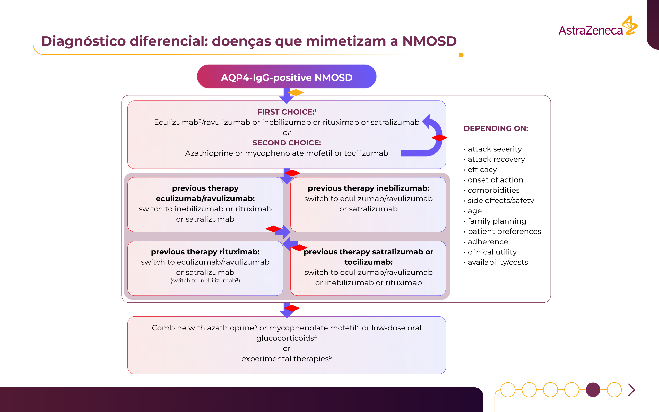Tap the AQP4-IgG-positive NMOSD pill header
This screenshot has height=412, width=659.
[287, 77]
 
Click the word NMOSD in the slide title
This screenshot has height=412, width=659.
[429, 41]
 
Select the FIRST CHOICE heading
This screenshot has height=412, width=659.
[286, 112]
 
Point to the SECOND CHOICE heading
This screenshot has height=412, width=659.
[287, 143]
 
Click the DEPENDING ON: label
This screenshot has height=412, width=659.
[496, 128]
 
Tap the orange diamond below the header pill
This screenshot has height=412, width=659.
[296, 93]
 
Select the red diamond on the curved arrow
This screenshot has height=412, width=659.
[439, 138]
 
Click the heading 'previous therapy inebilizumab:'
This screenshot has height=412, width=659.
[368, 188]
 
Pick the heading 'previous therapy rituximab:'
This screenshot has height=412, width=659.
[205, 252]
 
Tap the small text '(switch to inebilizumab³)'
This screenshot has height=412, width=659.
[205, 281]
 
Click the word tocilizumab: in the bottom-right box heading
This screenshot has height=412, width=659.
[368, 262]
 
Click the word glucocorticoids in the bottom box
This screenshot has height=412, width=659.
[285, 338]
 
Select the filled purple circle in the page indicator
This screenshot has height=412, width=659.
[593, 390]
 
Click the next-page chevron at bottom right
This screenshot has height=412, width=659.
[632, 390]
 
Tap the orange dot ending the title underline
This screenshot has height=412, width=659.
[461, 55]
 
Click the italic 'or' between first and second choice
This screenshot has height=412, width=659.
[287, 133]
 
